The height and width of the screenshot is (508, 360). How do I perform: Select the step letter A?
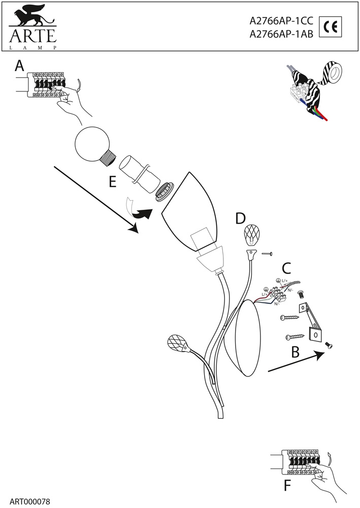click(x=19, y=66)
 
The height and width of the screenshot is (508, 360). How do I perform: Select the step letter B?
click(x=295, y=352)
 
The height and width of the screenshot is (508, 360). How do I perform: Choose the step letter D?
click(x=241, y=218)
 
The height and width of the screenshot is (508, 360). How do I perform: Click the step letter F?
click(x=287, y=486)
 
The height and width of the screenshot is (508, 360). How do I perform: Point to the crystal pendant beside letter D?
click(x=253, y=235)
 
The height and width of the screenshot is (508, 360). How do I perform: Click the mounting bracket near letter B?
click(x=310, y=321)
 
